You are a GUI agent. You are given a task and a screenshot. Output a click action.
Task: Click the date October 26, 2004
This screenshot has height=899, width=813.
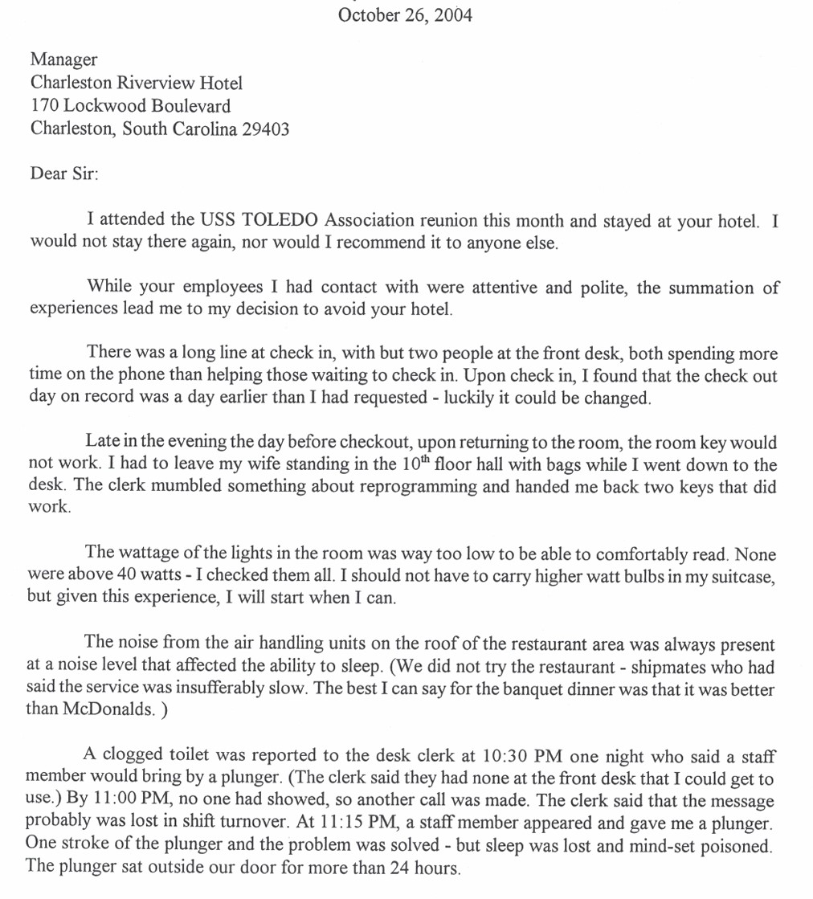pyautogui.click(x=405, y=15)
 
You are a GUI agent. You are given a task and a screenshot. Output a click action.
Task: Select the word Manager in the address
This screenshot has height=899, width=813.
pyautogui.click(x=63, y=59)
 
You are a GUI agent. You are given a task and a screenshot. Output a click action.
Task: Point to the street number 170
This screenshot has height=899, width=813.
pyautogui.click(x=44, y=106)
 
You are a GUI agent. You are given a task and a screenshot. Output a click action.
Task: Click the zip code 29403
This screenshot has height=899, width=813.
pyautogui.click(x=265, y=129)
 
